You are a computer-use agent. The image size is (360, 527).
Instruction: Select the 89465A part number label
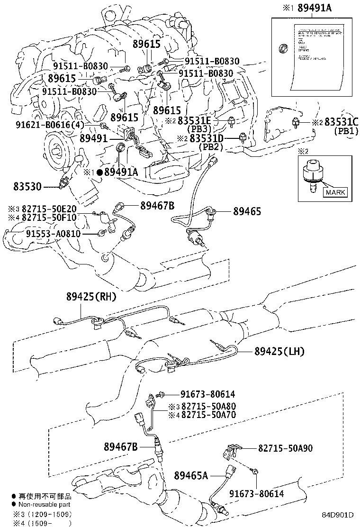click(191, 474)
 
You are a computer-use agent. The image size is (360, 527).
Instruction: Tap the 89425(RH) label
click(91, 297)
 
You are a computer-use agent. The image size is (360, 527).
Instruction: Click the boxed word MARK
click(335, 192)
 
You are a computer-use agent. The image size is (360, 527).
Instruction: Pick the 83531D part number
click(207, 138)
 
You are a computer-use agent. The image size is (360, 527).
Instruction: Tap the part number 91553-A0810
click(53, 234)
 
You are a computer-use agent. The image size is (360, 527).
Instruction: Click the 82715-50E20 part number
click(49, 209)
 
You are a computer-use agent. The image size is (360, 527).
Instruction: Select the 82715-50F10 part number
click(49, 217)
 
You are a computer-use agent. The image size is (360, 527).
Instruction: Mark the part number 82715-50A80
click(208, 407)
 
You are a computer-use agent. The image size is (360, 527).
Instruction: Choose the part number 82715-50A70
click(208, 415)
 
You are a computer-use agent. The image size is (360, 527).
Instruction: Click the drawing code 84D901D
click(338, 515)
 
